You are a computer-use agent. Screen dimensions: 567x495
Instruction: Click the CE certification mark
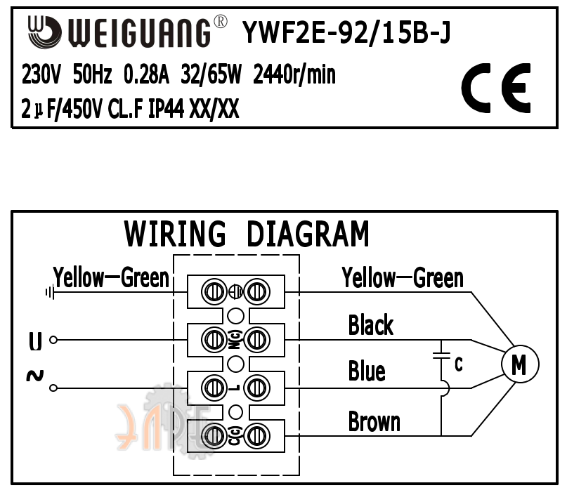pos(496,88)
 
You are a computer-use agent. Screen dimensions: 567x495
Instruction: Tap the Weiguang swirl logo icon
pos(44,32)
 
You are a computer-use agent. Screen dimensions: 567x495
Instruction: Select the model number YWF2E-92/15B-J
pos(346,32)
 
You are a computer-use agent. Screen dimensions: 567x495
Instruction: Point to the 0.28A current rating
pos(146,74)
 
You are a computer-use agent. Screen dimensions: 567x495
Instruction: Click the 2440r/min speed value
pos(294,74)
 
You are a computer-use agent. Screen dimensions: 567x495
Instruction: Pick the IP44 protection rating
pos(167,108)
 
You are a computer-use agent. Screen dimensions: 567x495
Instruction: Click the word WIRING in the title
pos(175,234)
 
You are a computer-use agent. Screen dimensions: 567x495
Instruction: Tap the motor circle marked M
pos(520,364)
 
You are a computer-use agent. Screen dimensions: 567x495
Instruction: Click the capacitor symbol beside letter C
pos(441,355)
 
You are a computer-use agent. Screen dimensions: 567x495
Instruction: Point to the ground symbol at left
pos(50,291)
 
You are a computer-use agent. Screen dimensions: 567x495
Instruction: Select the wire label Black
pos(371,325)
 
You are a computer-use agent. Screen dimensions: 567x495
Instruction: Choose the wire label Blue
pos(367,371)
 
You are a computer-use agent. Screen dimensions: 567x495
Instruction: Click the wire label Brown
pos(374,421)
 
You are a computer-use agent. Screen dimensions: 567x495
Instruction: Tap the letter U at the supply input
pos(35,341)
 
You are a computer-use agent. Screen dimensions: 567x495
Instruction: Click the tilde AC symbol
pos(35,376)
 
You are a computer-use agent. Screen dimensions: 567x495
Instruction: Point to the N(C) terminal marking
pos(235,340)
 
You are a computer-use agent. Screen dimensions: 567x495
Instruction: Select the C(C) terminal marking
pos(235,436)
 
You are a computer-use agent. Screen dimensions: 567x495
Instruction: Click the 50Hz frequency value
pos(92,74)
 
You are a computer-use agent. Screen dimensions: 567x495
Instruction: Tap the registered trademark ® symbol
pos(221,22)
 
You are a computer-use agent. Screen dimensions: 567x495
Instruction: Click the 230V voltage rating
pos(41,74)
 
